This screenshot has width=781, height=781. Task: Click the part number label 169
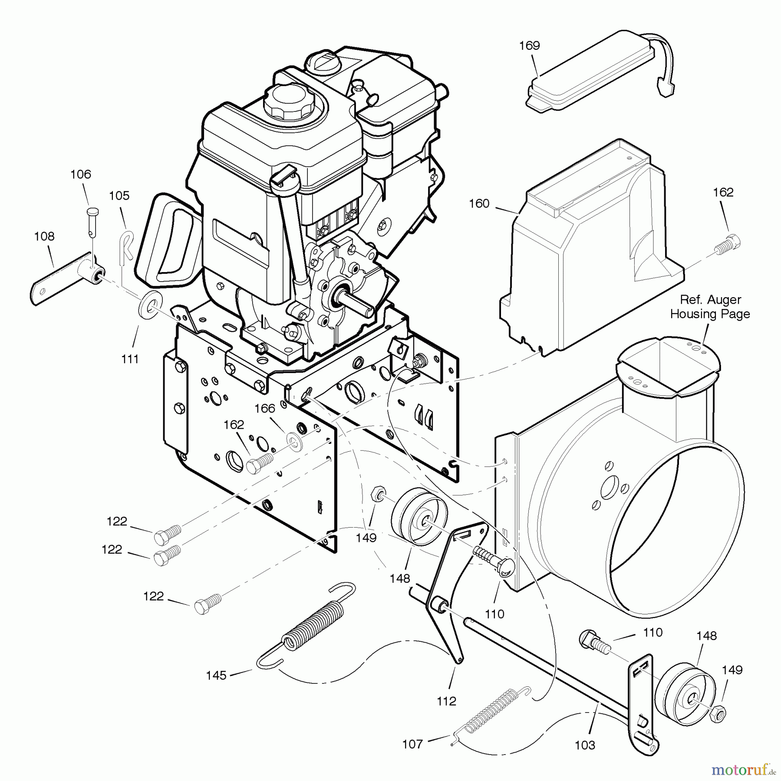coord(529,46)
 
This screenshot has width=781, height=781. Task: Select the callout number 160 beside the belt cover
coord(479,203)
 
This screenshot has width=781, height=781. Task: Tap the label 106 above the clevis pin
coord(81,174)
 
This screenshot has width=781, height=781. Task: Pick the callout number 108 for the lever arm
coord(44,236)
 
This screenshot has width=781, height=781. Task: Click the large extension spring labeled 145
coord(306,625)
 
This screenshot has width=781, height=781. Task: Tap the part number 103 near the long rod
coord(585,745)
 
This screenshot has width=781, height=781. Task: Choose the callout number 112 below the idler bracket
coord(447,701)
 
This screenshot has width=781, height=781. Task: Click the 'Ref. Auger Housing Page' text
coord(710,307)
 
